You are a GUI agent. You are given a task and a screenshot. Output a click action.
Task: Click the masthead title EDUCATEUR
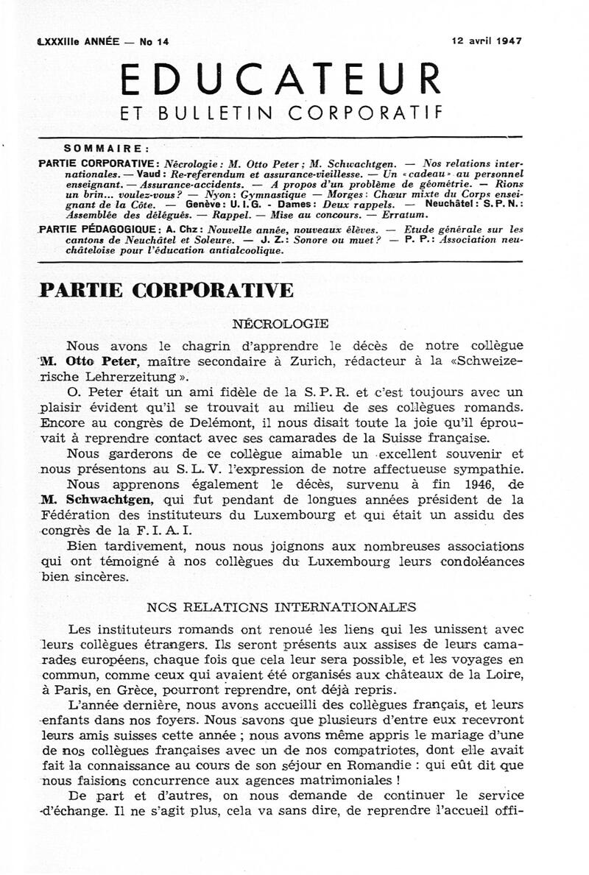pyautogui.click(x=280, y=79)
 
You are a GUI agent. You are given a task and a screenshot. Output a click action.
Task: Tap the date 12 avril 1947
pyautogui.click(x=487, y=41)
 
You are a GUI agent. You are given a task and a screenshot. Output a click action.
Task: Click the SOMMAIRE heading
pyautogui.click(x=107, y=147)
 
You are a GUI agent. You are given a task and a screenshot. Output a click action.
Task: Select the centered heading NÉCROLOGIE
pyautogui.click(x=280, y=323)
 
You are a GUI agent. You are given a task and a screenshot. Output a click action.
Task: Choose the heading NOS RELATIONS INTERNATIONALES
pyautogui.click(x=281, y=607)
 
